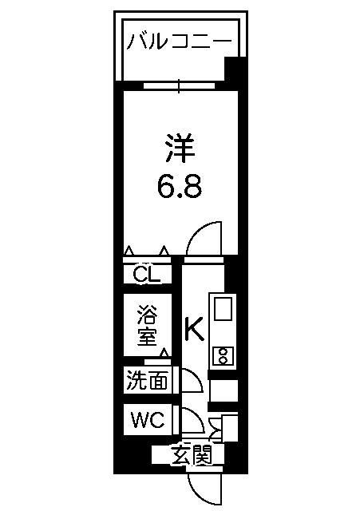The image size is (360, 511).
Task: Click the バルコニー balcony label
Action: pos(179,42)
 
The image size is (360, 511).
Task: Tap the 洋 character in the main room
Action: pos(180,149)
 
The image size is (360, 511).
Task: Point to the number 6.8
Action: pos(180,187)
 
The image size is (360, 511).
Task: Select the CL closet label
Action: pos(147,274)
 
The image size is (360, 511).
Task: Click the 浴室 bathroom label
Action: pos(147,325)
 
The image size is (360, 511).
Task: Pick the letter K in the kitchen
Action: pos(195,328)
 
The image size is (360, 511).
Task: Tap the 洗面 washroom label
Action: pos(147,380)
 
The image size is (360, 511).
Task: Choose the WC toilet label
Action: pos(148,420)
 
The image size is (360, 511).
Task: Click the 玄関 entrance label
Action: pos(192,455)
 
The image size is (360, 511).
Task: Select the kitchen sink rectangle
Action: pos(224,309)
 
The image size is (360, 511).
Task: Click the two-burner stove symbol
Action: pos(224,356)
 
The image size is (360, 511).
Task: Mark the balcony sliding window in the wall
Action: pos(179,86)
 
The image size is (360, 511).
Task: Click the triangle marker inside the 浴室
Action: pos(165,353)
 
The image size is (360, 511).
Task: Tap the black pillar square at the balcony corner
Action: pos(235,69)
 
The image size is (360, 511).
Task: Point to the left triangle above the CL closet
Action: pos(129,250)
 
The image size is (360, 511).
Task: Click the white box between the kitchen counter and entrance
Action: pos(224,390)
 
